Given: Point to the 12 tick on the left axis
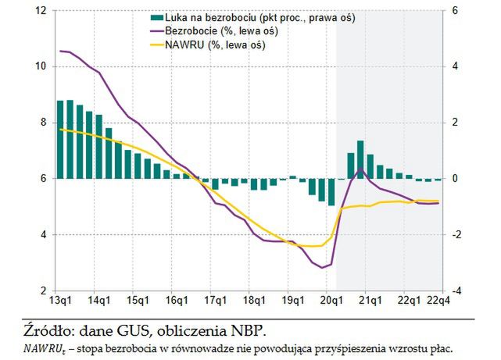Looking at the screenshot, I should (41, 10).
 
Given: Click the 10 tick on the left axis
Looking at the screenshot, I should (41, 66).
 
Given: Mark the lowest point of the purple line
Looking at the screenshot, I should (322, 268).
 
